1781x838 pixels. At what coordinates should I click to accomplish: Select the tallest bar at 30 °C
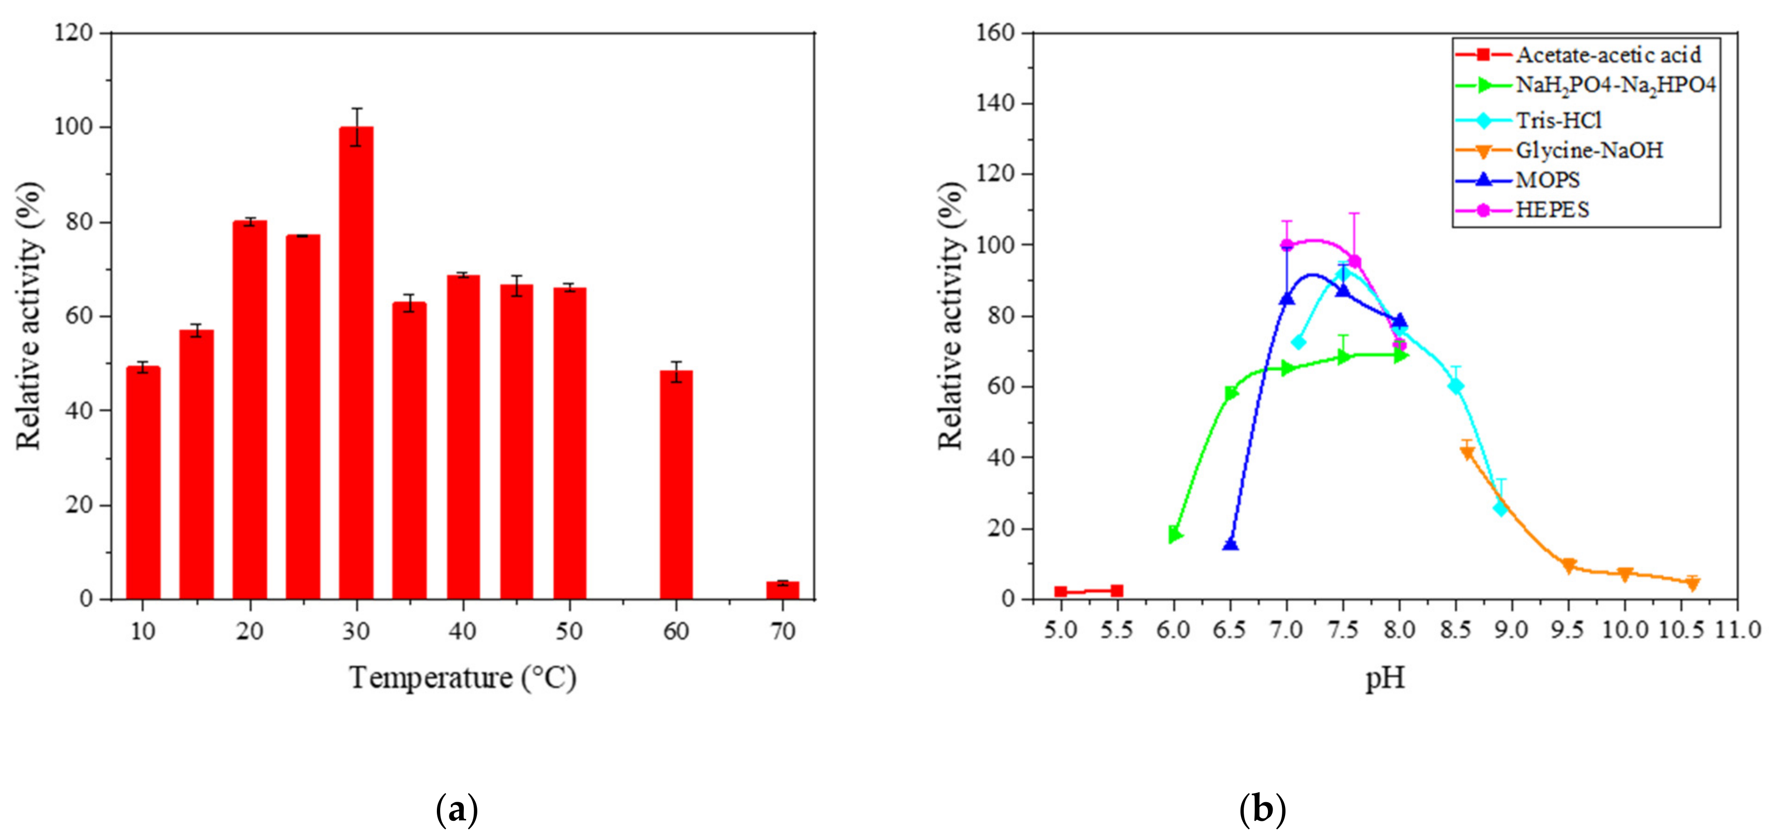click(356, 363)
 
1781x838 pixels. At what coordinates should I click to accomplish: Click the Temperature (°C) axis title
click(462, 678)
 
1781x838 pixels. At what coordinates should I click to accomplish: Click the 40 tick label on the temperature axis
click(462, 631)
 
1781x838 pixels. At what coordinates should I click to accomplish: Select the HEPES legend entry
click(1552, 210)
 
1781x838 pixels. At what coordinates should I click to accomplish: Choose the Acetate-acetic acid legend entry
click(1608, 55)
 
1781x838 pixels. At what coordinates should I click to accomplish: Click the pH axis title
click(1385, 678)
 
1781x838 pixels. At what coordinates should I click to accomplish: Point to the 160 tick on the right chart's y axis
click(995, 33)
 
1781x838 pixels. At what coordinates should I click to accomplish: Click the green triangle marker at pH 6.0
click(1174, 534)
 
